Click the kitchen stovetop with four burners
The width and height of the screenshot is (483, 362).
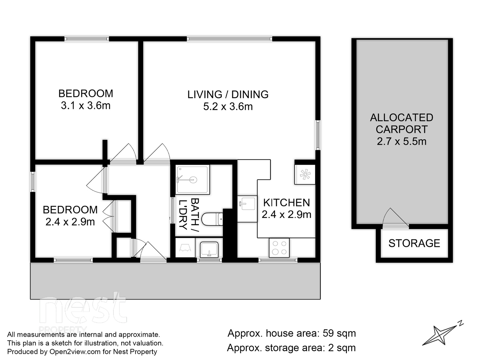pos(279,248)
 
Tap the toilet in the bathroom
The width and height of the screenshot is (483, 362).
pos(212,219)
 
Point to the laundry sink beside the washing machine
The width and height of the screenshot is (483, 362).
pos(209,249)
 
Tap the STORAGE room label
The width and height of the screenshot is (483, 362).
pos(414,243)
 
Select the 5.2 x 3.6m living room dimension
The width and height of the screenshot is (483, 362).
pos(228,106)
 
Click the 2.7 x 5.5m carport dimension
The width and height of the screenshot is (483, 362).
pos(401,141)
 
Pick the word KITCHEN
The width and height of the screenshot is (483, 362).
pos(286,203)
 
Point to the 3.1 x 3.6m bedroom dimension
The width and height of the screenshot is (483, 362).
pos(86,106)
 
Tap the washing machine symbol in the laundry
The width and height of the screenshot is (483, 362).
pos(185,248)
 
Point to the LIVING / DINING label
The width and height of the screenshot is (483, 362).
pos(228,94)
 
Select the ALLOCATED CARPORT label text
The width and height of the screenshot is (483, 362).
pos(401,123)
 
